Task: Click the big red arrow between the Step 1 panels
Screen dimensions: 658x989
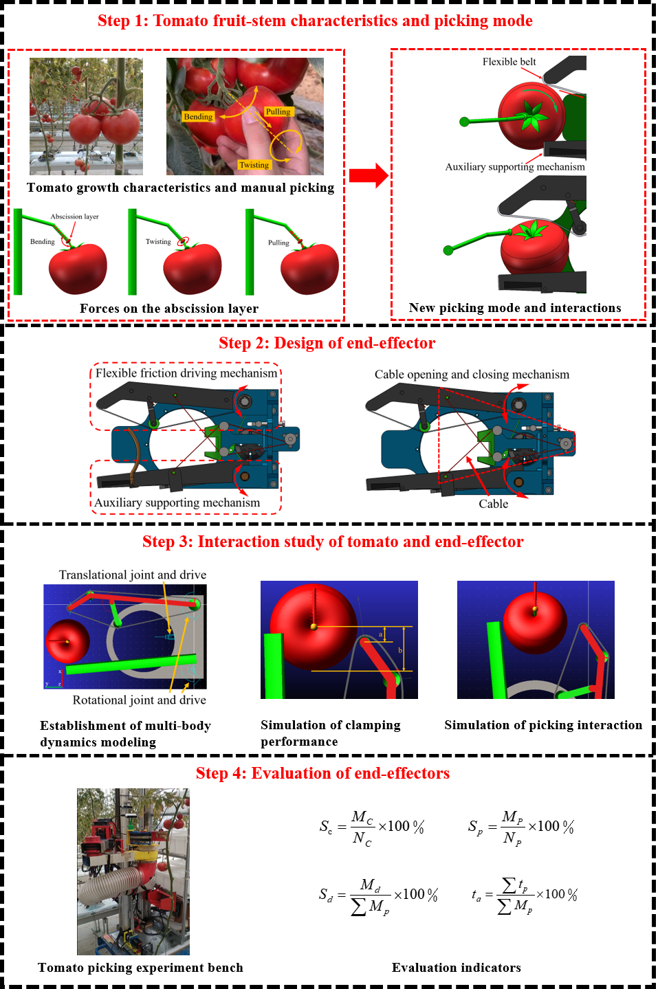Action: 369,175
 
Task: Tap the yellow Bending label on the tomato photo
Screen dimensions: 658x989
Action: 198,117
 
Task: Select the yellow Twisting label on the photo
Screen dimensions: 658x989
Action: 254,165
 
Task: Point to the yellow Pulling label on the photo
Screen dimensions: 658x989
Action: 278,112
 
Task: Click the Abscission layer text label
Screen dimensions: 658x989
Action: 74,216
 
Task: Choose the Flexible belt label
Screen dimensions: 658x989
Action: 509,62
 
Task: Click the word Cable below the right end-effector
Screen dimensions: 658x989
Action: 493,504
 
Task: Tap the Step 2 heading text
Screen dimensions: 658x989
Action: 327,343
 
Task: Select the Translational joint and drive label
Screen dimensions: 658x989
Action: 133,575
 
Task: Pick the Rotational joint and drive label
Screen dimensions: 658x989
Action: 139,700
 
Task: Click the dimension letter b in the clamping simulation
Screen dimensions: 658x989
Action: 400,650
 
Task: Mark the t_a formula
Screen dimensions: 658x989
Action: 524,896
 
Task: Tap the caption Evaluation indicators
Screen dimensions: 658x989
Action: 456,968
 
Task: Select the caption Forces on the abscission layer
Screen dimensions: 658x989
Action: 168,308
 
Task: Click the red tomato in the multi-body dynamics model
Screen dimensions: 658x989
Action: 67,641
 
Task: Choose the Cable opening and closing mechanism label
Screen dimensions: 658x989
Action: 472,375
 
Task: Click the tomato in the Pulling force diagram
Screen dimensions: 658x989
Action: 310,269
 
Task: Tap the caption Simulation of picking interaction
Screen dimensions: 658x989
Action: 543,725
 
